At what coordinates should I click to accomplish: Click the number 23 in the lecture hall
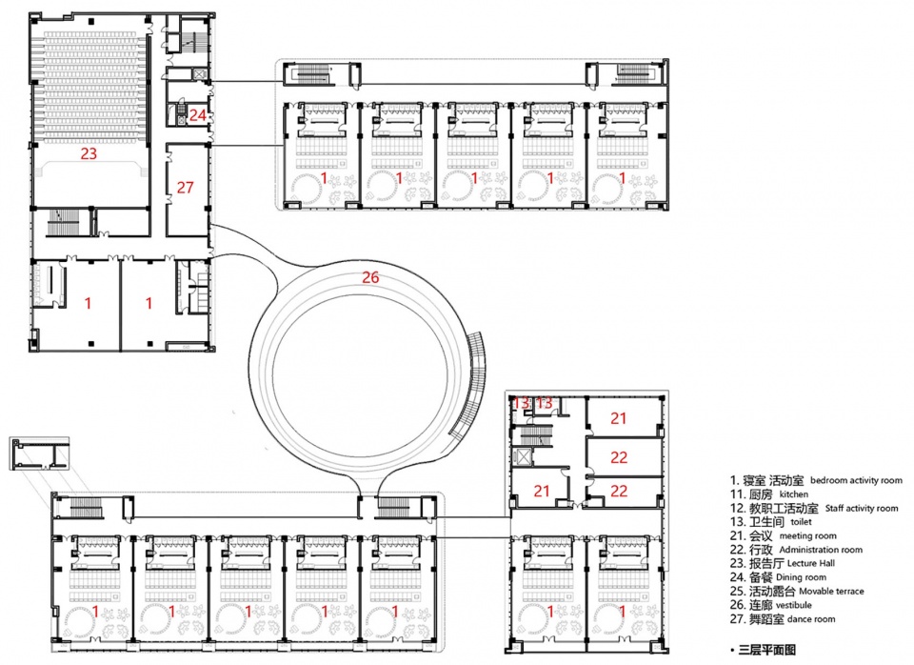click(x=89, y=153)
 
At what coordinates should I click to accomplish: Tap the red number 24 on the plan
click(x=198, y=115)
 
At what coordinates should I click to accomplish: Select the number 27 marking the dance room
click(x=185, y=188)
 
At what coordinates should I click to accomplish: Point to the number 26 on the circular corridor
click(x=370, y=277)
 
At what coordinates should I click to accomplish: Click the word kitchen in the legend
click(x=794, y=494)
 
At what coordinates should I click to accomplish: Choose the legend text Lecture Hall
click(x=811, y=563)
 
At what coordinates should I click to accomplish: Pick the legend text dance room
click(x=811, y=619)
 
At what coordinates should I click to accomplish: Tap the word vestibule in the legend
click(x=794, y=605)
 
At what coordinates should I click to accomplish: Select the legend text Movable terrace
click(x=831, y=591)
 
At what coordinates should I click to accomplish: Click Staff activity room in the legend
click(x=862, y=508)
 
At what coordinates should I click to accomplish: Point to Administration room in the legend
click(x=821, y=550)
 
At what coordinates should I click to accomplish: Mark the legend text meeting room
click(x=808, y=535)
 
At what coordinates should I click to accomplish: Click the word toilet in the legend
click(x=801, y=521)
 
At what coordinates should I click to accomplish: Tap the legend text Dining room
click(x=801, y=577)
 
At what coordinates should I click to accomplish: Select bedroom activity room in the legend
click(x=856, y=480)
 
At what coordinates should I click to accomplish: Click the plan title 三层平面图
click(x=767, y=650)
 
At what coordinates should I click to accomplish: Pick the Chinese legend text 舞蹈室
click(x=766, y=619)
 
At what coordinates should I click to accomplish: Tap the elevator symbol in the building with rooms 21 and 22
click(x=521, y=456)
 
